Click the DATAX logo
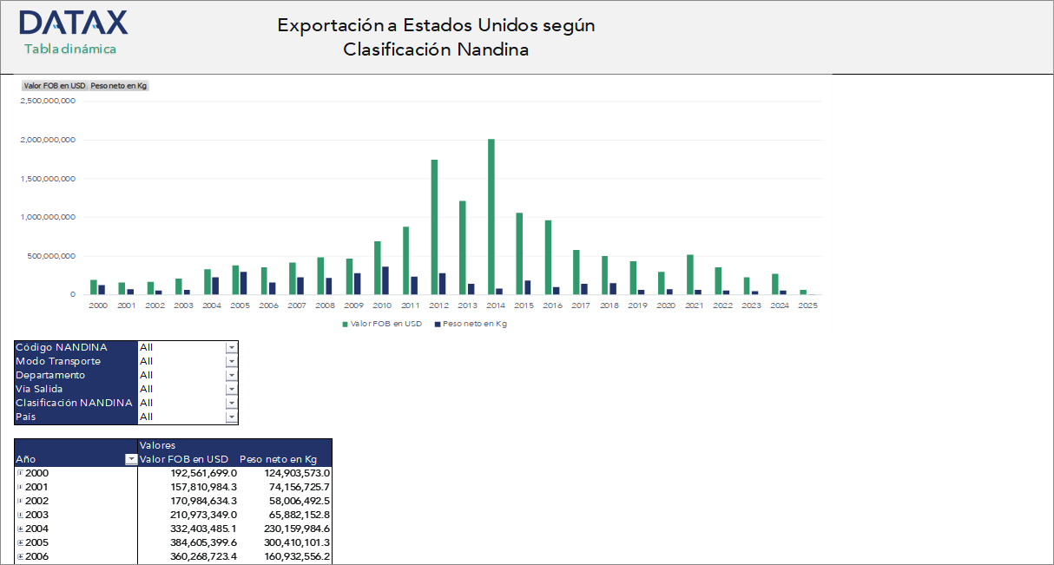tap(73, 23)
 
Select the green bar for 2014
tap(491, 217)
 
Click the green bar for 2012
tap(434, 227)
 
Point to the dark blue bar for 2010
tap(385, 280)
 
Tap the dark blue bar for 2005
tap(244, 283)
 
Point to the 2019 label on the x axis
tap(637, 305)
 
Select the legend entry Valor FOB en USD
tap(382, 324)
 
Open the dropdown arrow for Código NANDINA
tap(231, 347)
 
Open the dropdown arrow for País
tap(231, 417)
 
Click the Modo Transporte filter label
tap(58, 361)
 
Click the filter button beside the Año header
tap(131, 459)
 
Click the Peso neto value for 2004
tap(287, 529)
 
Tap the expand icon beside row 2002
tap(20, 501)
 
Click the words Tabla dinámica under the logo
tap(70, 49)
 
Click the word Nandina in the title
tap(496, 49)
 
